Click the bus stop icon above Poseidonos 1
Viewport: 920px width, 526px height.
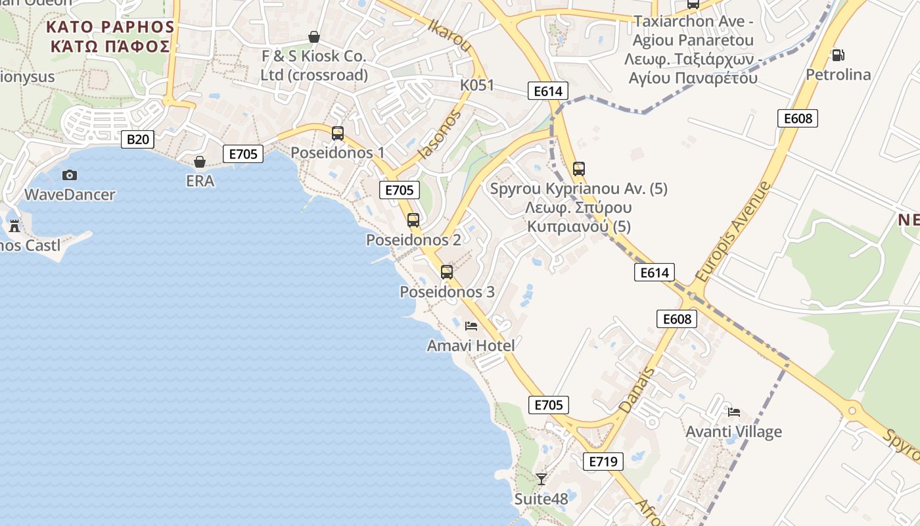pos(338,133)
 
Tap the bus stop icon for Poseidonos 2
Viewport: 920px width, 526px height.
pos(413,220)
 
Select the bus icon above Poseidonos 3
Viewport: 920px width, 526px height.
pos(447,272)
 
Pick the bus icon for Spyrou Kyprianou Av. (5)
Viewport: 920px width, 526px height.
pos(579,169)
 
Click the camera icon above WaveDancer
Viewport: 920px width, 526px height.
pos(70,175)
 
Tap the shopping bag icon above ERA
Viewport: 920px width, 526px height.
pos(200,161)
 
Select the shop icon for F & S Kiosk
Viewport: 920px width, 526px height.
pos(314,37)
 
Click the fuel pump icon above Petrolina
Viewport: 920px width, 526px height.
pos(838,55)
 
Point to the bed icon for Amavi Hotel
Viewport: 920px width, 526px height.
pos(471,325)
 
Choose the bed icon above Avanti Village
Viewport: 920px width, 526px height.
pos(734,412)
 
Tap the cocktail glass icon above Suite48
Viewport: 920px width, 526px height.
pos(541,479)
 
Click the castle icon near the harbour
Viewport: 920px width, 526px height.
pos(14,226)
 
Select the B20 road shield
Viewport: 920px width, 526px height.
pos(138,139)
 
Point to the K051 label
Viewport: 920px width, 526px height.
pos(477,85)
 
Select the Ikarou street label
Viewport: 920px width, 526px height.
pos(450,36)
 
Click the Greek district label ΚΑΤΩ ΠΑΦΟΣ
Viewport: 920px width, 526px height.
pos(111,46)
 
